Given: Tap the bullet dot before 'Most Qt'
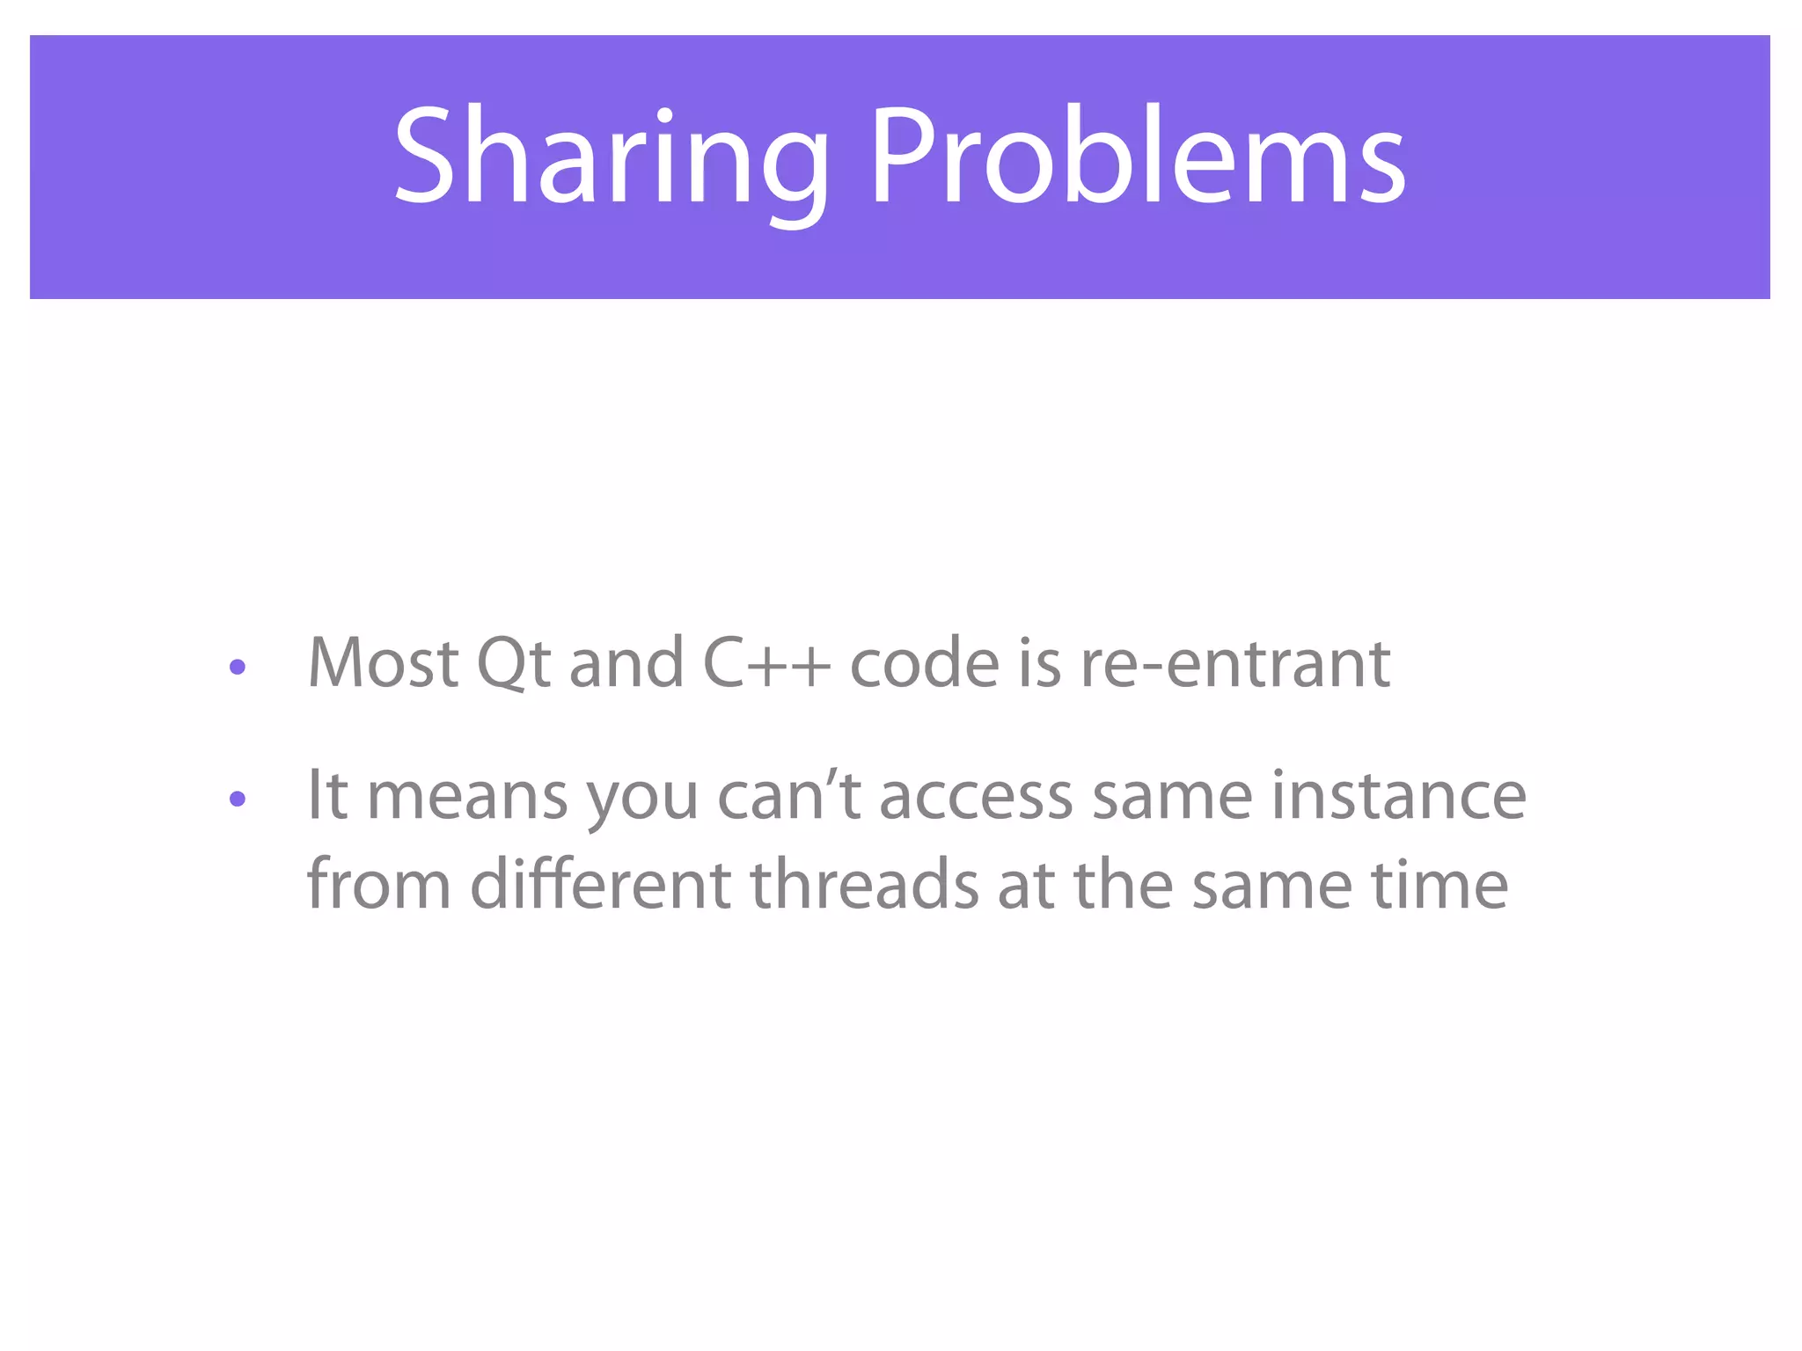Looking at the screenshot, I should (237, 668).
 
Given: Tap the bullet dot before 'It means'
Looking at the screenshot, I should (237, 799).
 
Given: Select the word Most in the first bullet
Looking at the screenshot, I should (383, 663).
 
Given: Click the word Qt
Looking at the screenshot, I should (513, 663).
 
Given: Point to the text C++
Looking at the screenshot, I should (765, 663).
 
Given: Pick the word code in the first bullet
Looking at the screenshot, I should (924, 663).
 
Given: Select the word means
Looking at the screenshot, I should (466, 796).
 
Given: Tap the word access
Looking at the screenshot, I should (976, 796).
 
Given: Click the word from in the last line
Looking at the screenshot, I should (378, 884).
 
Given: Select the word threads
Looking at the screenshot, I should (864, 884).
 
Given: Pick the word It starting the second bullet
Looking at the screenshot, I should (326, 796).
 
